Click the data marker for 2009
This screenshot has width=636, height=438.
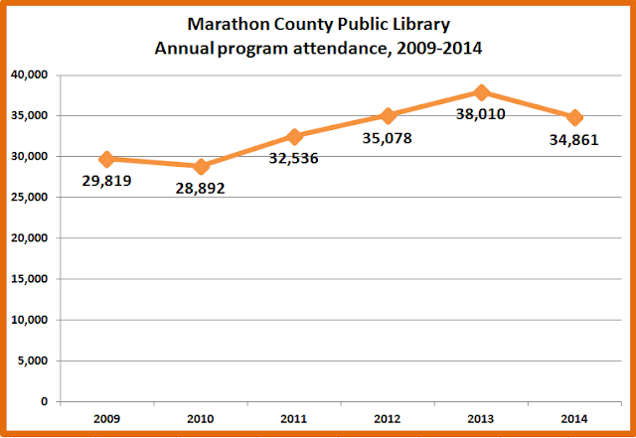click(x=107, y=159)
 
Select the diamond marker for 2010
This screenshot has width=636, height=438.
click(x=201, y=167)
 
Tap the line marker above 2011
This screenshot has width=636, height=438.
click(x=294, y=137)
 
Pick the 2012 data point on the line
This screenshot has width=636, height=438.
click(x=388, y=116)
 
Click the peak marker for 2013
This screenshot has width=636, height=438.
click(x=481, y=92)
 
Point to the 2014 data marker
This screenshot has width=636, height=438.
click(x=574, y=118)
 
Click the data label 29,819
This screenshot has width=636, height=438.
click(x=106, y=181)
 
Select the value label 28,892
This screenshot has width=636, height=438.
click(x=200, y=189)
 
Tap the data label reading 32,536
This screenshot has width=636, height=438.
click(x=294, y=158)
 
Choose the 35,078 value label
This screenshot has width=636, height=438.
click(x=387, y=138)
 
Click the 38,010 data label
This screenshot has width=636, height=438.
click(x=481, y=114)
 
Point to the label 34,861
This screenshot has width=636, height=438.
click(x=574, y=140)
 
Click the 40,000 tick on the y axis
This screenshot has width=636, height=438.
click(x=29, y=75)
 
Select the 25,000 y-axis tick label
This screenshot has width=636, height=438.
click(x=29, y=197)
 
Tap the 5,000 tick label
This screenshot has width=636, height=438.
click(x=33, y=361)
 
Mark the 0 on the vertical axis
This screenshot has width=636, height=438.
click(x=44, y=401)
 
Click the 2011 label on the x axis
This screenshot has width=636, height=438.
click(x=294, y=419)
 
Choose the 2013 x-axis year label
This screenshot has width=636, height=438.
click(x=481, y=419)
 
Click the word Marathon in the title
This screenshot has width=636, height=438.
click(x=229, y=24)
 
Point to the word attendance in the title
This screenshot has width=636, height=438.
click(x=342, y=49)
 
